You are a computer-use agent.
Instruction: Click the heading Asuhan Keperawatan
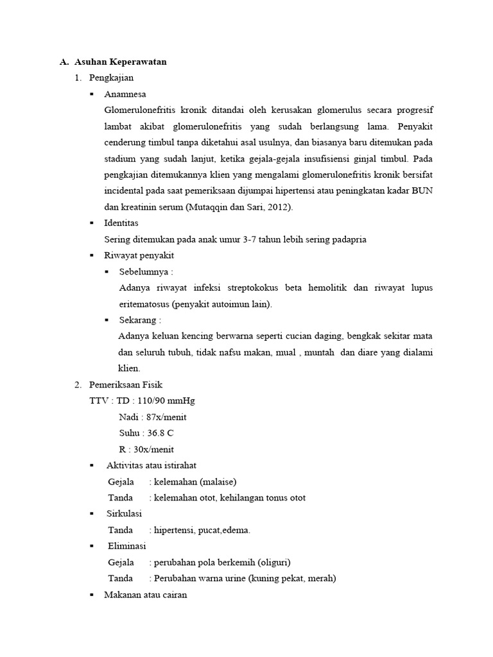[x=121, y=62]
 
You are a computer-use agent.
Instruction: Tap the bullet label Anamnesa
[x=126, y=94]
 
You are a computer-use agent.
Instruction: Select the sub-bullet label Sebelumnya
[x=144, y=272]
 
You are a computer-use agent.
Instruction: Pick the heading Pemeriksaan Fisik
[x=126, y=385]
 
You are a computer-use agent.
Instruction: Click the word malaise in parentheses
[x=221, y=481]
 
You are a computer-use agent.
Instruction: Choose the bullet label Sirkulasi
[x=125, y=514]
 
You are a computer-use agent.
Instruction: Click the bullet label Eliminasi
[x=127, y=546]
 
